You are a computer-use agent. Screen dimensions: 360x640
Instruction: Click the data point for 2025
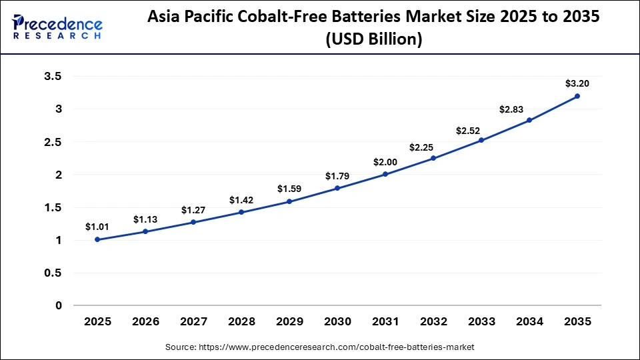(97, 239)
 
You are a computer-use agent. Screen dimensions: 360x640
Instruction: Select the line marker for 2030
(337, 188)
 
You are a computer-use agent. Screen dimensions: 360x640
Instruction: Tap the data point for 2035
(577, 96)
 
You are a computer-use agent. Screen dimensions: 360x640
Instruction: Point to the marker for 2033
(481, 140)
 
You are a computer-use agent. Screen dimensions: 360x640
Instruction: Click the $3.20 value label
(577, 83)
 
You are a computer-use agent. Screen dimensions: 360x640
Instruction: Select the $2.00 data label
(385, 162)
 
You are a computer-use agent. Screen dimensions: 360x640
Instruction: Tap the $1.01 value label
(97, 227)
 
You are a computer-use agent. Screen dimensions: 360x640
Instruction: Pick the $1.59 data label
(289, 189)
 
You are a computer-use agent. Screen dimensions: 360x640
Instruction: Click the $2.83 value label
(529, 108)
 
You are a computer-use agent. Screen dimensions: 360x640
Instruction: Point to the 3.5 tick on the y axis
(53, 77)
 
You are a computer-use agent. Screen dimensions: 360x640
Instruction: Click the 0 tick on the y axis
(58, 305)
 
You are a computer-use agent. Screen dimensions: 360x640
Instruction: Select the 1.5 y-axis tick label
(53, 207)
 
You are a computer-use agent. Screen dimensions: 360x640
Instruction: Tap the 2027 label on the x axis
(193, 322)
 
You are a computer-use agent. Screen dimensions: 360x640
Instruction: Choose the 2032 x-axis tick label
(433, 322)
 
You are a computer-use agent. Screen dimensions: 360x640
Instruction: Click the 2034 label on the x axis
(529, 322)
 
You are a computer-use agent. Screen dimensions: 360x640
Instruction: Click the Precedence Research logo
(57, 27)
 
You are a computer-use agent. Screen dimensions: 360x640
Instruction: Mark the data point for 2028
(241, 212)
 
